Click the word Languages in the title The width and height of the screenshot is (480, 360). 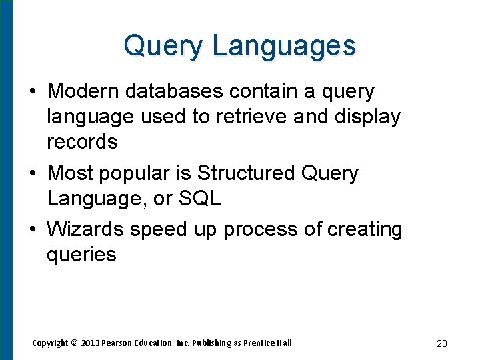[284, 47]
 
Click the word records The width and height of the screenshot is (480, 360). [82, 142]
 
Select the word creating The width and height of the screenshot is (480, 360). [365, 229]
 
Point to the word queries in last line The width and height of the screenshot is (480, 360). [81, 255]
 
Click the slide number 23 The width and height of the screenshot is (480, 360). [441, 343]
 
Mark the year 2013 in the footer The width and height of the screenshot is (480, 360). [90, 343]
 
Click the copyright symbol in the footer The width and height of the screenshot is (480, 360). [75, 343]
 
